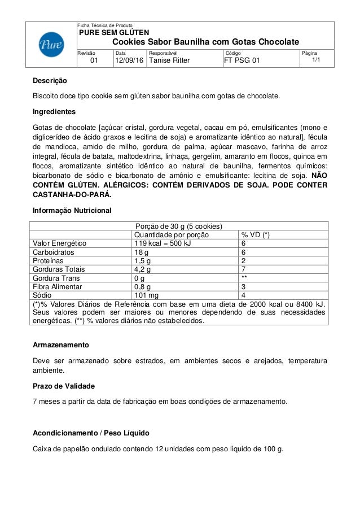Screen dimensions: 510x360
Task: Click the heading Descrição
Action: coord(49,81)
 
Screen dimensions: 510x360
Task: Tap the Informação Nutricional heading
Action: coord(72,211)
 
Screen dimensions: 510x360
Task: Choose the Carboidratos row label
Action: coord(55,252)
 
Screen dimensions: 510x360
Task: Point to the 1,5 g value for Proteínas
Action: coord(143,261)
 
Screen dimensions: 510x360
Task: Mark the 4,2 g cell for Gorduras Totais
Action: coord(143,269)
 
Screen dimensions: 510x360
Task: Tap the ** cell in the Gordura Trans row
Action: coord(245,278)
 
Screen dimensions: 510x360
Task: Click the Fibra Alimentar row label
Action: coord(59,286)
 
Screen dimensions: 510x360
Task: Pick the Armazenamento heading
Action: coord(60,345)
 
